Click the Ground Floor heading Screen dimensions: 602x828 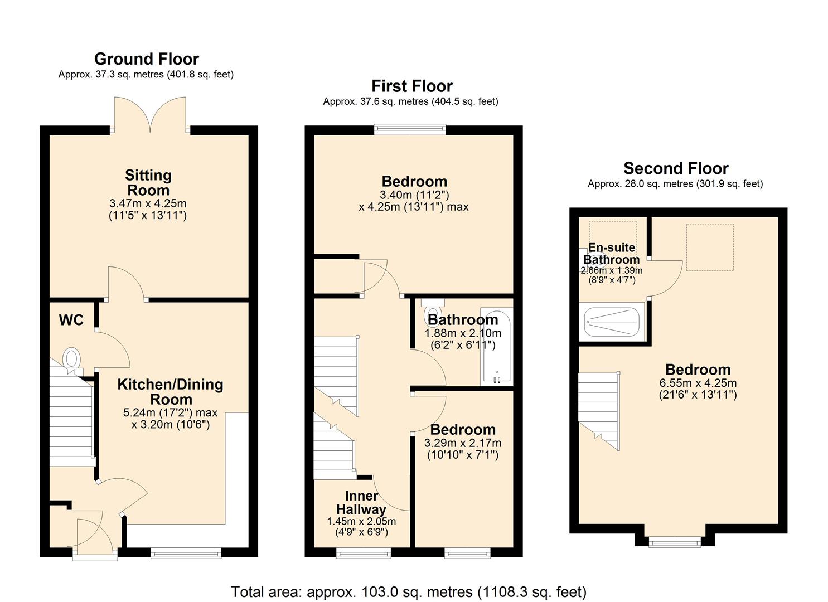(x=147, y=59)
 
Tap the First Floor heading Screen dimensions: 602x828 (x=412, y=86)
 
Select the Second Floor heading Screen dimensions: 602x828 (x=676, y=168)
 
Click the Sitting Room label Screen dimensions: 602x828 (x=148, y=182)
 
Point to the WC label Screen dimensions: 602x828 (x=71, y=320)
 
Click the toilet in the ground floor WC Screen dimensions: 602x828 (x=71, y=359)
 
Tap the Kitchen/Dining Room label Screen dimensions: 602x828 (x=171, y=392)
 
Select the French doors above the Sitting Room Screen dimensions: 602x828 (x=150, y=115)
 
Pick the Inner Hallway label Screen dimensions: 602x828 (x=361, y=503)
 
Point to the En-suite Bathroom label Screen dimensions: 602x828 (x=612, y=254)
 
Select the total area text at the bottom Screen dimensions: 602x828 (x=409, y=591)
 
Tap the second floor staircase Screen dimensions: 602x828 (x=599, y=410)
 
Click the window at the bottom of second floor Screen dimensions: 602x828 (x=675, y=541)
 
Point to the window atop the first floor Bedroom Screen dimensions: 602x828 (x=410, y=129)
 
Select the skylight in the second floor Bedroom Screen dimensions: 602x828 (x=709, y=247)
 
